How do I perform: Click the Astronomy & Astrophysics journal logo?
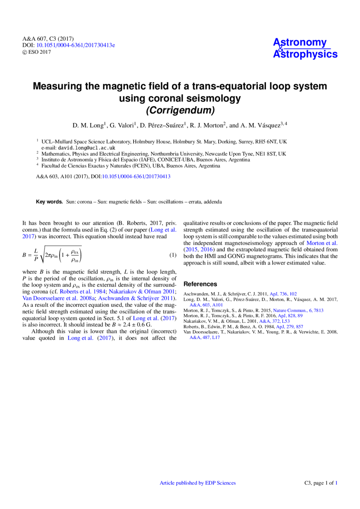point(305,48)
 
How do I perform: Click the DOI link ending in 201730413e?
point(76,45)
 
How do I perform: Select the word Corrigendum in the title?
point(180,110)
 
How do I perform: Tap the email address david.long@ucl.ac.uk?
point(86,148)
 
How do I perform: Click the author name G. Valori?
point(122,125)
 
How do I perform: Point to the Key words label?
point(49,202)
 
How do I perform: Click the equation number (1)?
point(173,255)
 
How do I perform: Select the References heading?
point(200,284)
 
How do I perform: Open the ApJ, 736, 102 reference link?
point(283,294)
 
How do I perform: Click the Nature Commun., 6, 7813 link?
point(298,311)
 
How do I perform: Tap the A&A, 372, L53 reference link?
point(274,321)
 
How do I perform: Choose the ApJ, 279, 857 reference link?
point(290,327)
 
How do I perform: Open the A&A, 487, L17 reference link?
point(205,337)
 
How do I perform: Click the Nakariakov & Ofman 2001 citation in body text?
point(142,292)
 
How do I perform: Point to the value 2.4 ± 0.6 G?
point(137,325)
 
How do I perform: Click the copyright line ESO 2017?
point(37,52)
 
